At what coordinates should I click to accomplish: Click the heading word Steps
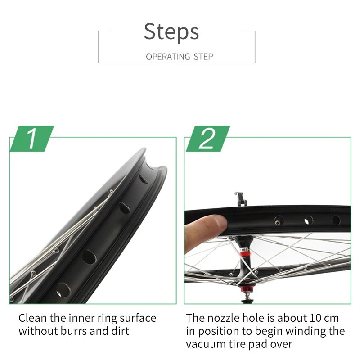tap(171, 31)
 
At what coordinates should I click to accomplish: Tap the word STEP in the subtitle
tap(203, 57)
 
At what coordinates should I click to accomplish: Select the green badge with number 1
tap(32, 139)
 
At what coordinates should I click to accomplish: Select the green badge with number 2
tap(208, 139)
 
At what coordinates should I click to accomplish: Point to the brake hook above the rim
tap(241, 199)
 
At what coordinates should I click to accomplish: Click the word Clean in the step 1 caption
tap(33, 318)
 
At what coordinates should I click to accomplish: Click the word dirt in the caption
tap(120, 331)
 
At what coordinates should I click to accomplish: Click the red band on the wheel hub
tap(244, 254)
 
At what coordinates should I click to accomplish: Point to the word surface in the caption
tap(138, 318)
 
